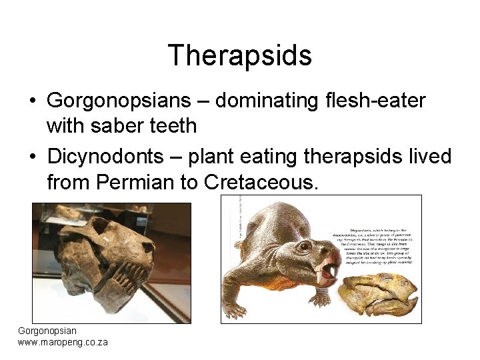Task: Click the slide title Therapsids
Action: [240, 55]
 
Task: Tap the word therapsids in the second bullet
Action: [353, 157]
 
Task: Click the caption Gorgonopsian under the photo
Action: [47, 331]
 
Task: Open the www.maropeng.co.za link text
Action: [63, 342]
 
